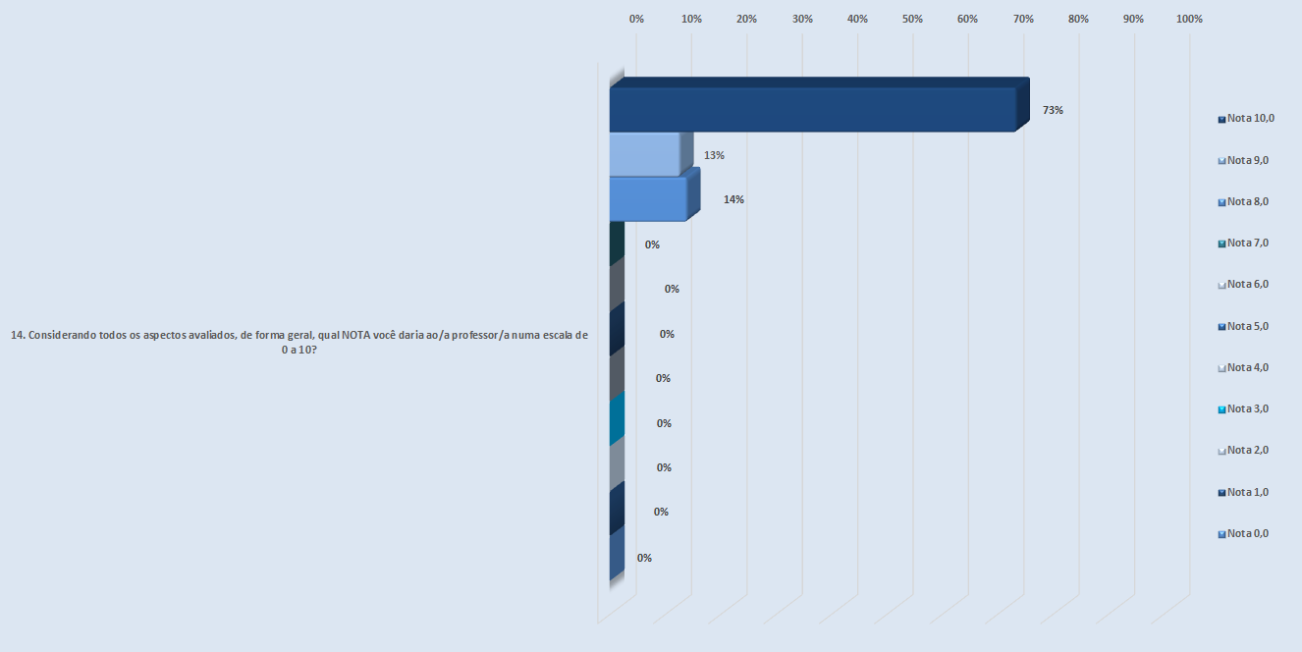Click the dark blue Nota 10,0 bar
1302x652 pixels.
812,109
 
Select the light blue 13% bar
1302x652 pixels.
645,154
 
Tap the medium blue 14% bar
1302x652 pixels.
648,198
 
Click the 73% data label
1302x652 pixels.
1054,110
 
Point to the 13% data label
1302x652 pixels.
714,155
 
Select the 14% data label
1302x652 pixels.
733,199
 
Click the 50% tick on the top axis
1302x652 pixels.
912,19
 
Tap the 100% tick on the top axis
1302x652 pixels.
1189,19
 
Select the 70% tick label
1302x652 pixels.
1023,19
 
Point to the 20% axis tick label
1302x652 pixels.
746,19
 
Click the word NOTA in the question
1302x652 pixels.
355,335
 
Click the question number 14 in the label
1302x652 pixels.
17,335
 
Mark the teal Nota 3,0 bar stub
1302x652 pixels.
617,419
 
